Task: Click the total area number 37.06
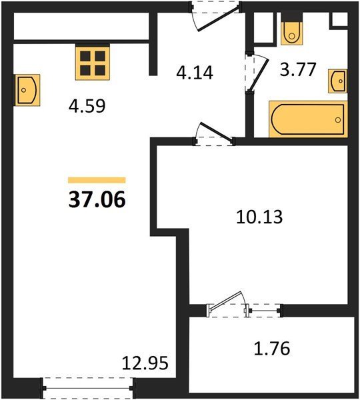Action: (x=97, y=199)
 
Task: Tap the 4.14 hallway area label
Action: (x=195, y=73)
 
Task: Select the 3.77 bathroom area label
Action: (x=298, y=69)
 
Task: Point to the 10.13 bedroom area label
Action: (x=259, y=217)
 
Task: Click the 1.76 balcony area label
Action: (x=272, y=348)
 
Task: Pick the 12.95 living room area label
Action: (x=145, y=363)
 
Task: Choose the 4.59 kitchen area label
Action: (x=87, y=106)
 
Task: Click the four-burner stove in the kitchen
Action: (x=93, y=62)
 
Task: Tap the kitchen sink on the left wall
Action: (x=27, y=90)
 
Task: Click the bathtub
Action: (x=308, y=119)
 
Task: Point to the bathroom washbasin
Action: (x=338, y=81)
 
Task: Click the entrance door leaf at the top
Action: (x=219, y=19)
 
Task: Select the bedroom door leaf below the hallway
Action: (x=217, y=132)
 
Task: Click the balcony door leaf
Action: (x=225, y=300)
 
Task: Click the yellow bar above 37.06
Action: (x=97, y=180)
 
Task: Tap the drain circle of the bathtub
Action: (x=338, y=119)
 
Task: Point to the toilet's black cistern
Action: (x=291, y=17)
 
